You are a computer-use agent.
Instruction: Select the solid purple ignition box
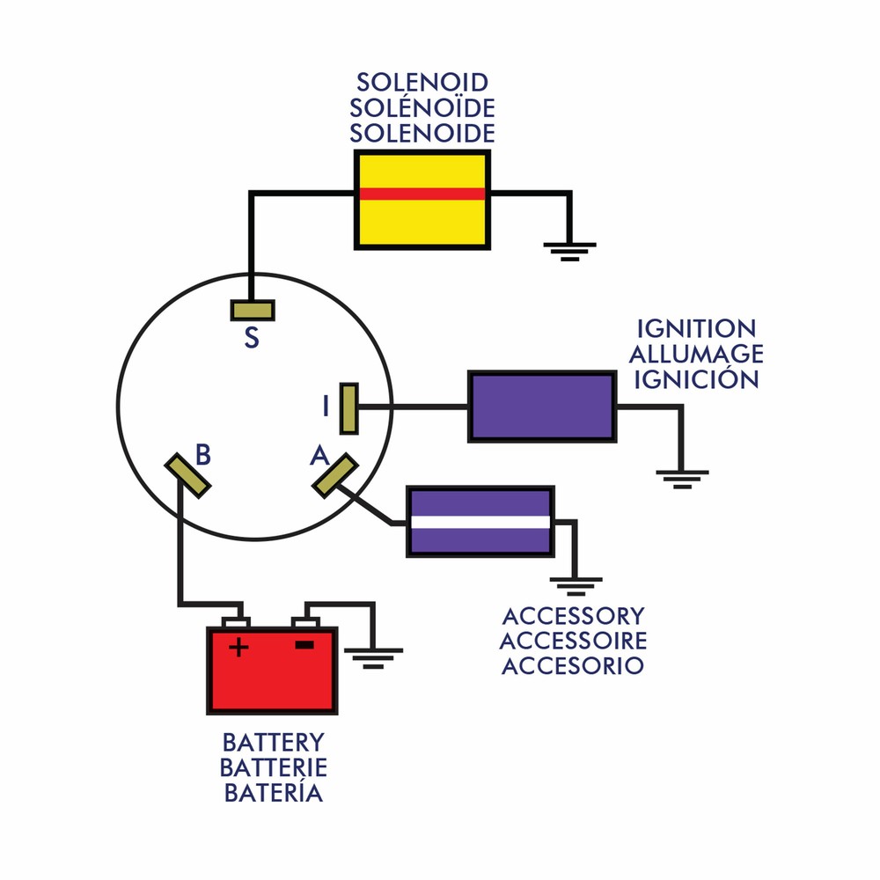click(x=541, y=407)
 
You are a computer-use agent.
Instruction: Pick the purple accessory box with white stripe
click(x=480, y=521)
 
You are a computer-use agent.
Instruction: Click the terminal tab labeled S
click(x=253, y=311)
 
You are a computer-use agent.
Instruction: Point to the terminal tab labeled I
click(x=348, y=407)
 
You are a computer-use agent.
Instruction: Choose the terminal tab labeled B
click(x=187, y=475)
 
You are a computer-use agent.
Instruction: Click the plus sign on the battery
click(x=238, y=649)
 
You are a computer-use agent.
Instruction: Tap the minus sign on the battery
click(x=304, y=646)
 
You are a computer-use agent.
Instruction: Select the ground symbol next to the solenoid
click(x=569, y=250)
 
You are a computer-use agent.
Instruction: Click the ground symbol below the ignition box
click(x=681, y=478)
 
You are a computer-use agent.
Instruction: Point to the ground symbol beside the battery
click(x=375, y=656)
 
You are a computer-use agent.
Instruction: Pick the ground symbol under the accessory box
click(x=576, y=585)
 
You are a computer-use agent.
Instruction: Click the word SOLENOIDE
click(x=422, y=134)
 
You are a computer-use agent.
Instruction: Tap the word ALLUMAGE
click(x=696, y=355)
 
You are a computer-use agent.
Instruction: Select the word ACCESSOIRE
click(x=573, y=641)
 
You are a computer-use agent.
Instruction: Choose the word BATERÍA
click(x=273, y=793)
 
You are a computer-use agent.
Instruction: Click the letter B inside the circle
click(x=203, y=455)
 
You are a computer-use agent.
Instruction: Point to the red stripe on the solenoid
click(x=422, y=194)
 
